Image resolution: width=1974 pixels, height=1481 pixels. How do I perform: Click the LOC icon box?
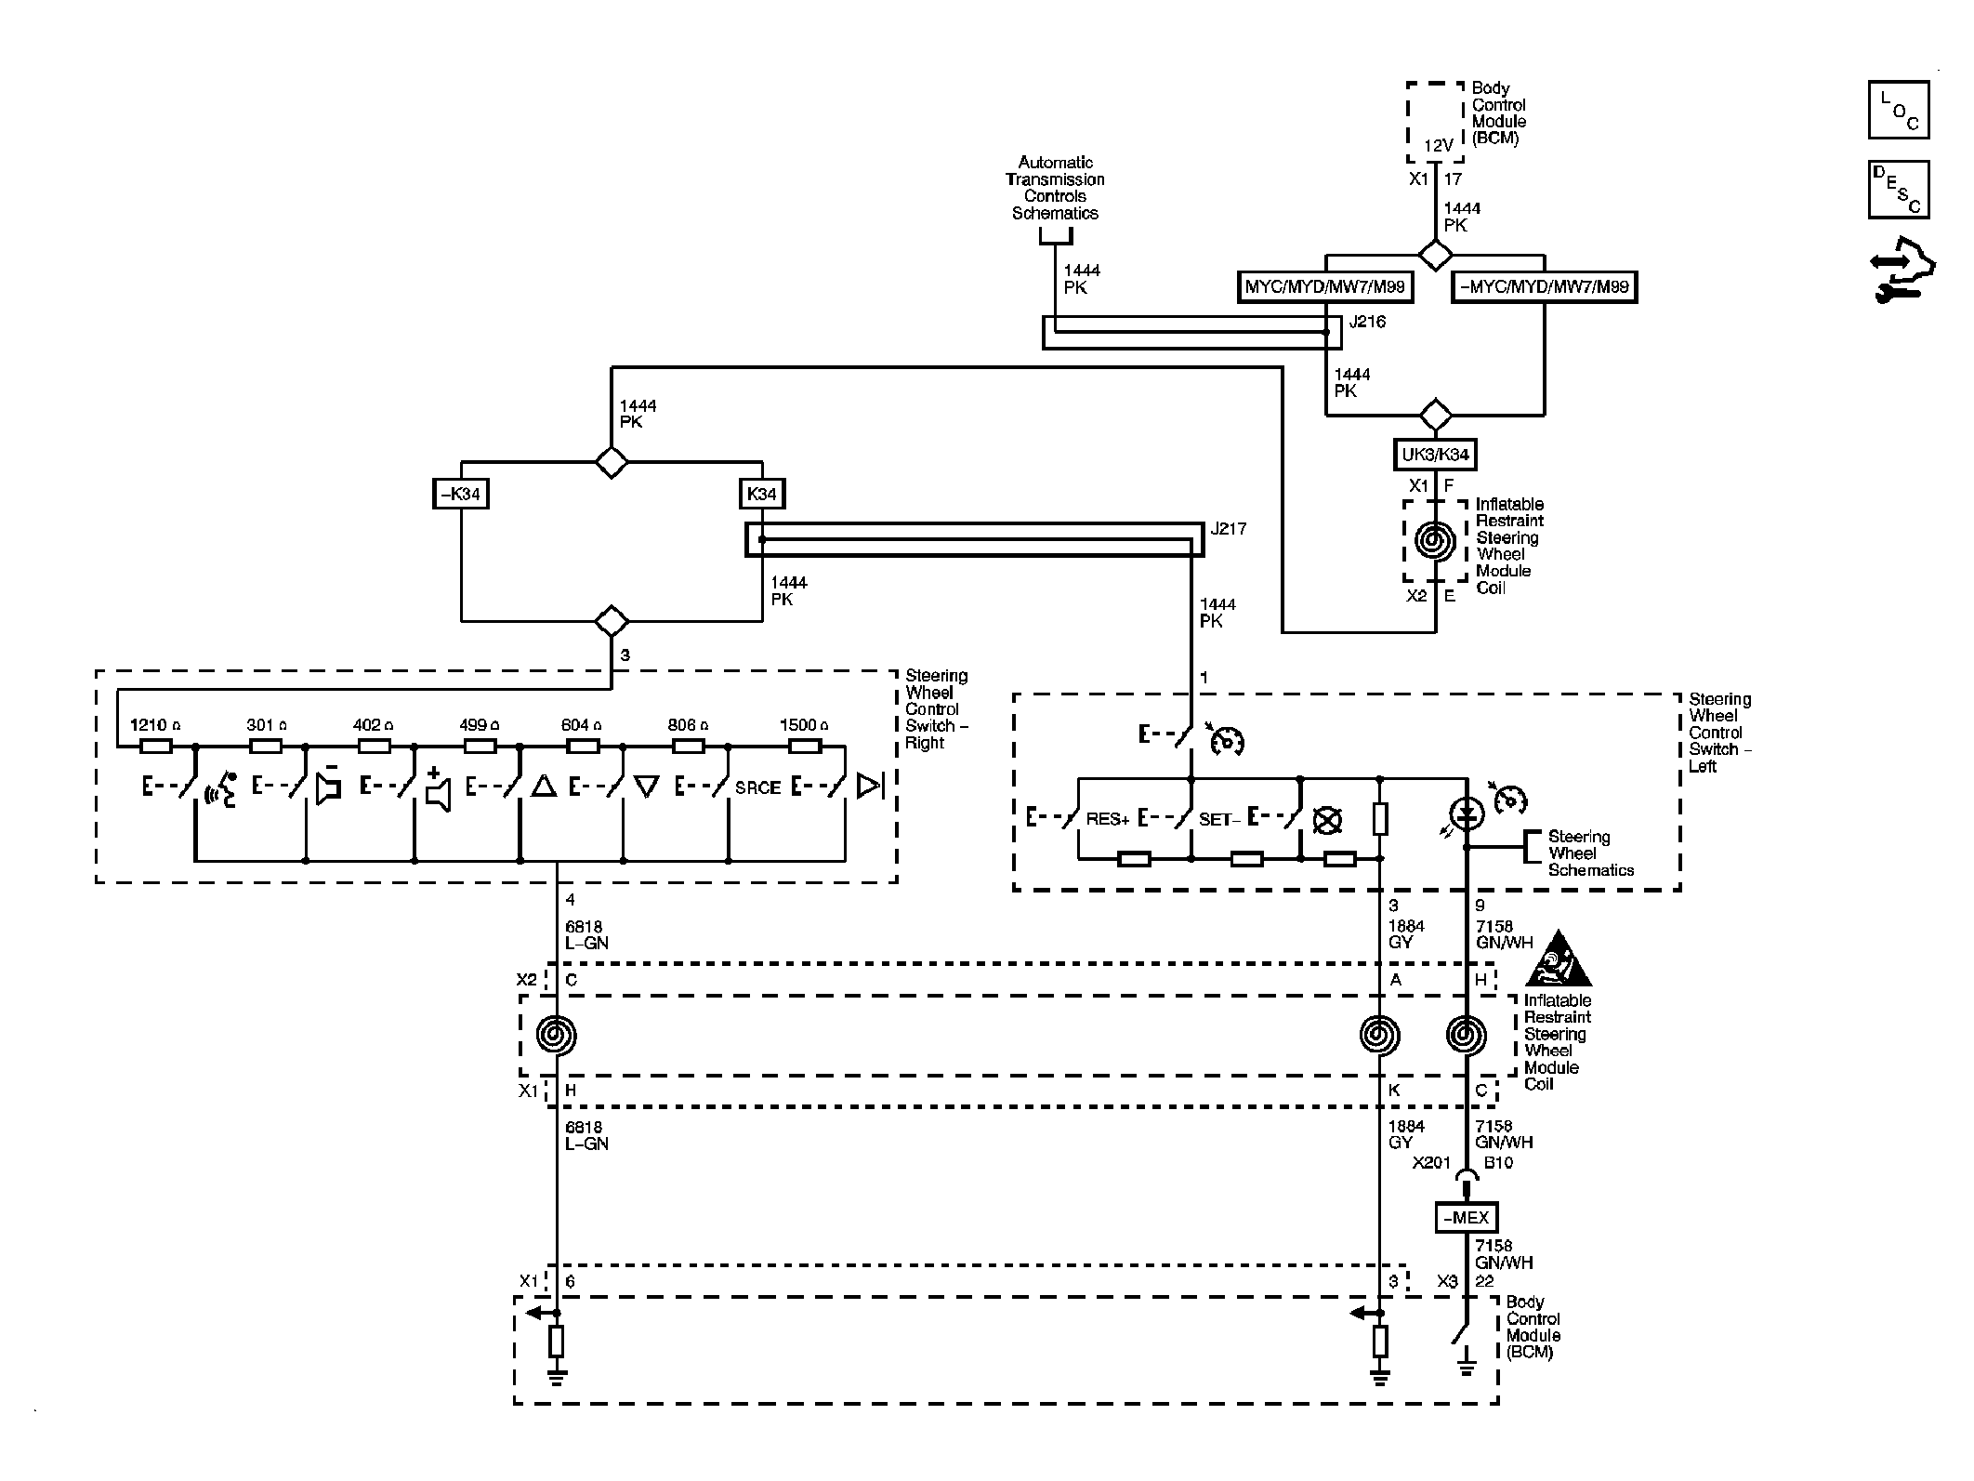coord(1898,110)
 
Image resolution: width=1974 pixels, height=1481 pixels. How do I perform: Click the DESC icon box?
coord(1898,190)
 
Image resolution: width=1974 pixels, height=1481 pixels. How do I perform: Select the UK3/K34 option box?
coord(1436,455)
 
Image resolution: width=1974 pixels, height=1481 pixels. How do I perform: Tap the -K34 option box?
coord(461,494)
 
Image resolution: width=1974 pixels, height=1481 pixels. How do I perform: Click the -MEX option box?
coord(1467,1218)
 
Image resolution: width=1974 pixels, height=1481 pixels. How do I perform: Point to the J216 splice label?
coord(1367,323)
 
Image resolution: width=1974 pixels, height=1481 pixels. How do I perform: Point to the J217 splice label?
coord(1229,529)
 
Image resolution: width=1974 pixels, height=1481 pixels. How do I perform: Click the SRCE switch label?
coord(757,787)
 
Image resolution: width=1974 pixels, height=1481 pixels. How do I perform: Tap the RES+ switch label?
coord(1107,820)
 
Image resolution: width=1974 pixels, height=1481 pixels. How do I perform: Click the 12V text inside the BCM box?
coord(1438,146)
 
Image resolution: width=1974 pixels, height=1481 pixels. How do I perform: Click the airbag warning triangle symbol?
coord(1559,958)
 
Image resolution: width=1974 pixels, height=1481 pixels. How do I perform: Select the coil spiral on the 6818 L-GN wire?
coord(557,1035)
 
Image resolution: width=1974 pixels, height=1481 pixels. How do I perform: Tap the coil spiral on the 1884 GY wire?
coord(1379,1035)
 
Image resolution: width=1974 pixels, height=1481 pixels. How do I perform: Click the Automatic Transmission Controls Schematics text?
coord(1055,188)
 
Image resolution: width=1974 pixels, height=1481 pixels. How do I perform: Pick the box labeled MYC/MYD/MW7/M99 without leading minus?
coord(1325,287)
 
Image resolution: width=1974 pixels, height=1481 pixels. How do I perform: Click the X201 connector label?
coord(1431,1163)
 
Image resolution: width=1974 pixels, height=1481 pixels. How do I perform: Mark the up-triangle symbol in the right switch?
coord(544,787)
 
